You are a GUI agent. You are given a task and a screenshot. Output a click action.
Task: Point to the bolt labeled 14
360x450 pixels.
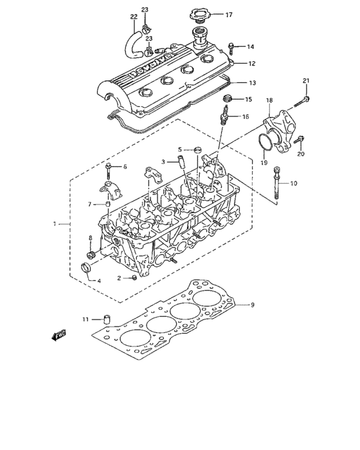coord(233,47)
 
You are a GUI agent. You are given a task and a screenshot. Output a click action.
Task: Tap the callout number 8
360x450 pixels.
coord(90,238)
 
